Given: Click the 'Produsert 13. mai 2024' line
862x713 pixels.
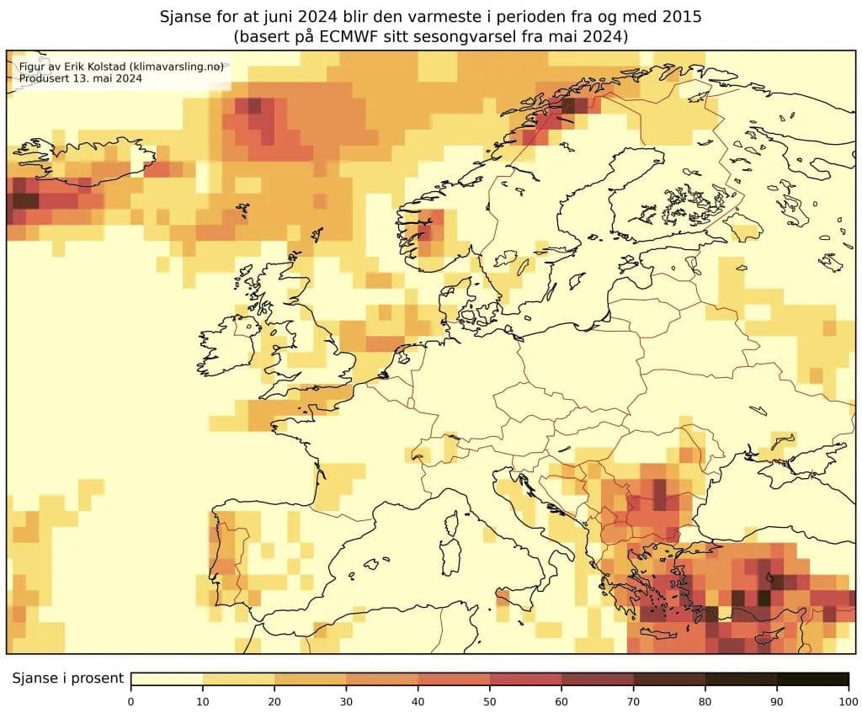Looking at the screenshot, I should (x=80, y=78).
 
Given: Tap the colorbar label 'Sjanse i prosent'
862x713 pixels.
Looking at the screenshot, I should (x=67, y=678).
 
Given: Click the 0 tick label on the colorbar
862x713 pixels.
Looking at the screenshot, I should (x=131, y=700).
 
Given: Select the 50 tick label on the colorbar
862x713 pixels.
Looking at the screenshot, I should (x=490, y=700).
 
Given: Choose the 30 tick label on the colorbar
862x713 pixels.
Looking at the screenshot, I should (x=347, y=700).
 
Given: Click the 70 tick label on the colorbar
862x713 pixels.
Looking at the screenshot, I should (x=633, y=700).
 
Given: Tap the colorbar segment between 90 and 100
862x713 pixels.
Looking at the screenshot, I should (x=812, y=679).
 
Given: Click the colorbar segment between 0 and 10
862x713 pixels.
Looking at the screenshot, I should (x=167, y=679).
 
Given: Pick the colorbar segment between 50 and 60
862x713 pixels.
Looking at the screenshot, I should (x=525, y=679).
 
